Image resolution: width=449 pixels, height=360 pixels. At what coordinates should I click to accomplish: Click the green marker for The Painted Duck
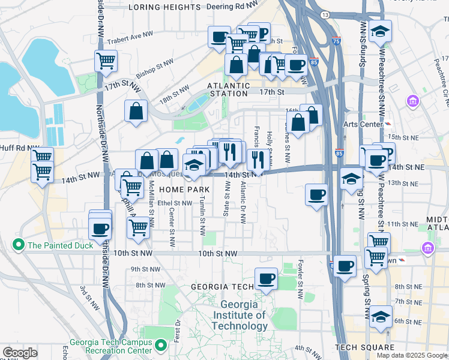point(17,245)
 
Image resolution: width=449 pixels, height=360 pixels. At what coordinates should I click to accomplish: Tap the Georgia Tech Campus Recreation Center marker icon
point(160,346)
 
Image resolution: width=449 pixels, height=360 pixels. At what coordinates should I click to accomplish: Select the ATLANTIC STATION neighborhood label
point(228,89)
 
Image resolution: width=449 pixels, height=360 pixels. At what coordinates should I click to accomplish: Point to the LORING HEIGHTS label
point(164,7)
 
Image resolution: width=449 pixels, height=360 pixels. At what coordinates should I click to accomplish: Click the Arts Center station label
point(364,124)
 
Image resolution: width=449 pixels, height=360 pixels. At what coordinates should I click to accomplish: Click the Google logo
point(20,352)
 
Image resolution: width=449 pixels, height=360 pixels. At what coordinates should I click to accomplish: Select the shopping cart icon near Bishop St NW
point(106,60)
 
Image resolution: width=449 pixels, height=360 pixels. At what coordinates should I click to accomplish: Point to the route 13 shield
point(325,14)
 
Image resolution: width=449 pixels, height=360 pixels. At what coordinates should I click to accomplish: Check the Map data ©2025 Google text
point(411,355)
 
